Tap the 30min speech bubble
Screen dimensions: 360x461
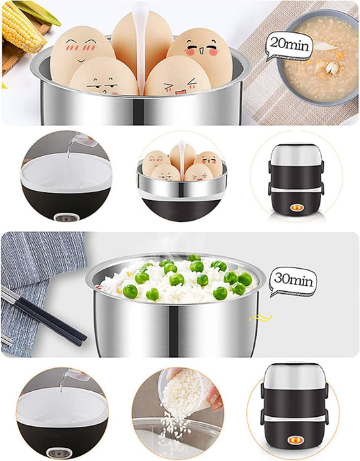pos(294,281)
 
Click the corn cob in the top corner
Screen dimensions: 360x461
pos(21,26)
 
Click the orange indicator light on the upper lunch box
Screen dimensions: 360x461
pos(296,208)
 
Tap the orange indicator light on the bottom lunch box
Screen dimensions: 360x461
pos(294,441)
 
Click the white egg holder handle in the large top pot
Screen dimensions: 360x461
pos(140,47)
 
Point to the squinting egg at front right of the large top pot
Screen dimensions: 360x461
pos(178,76)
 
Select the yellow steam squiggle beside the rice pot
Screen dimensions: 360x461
pos(261,318)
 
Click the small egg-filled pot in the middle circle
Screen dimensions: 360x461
pos(182,180)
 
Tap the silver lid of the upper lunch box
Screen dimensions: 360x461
pos(296,155)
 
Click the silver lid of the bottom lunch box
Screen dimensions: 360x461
pos(294,376)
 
